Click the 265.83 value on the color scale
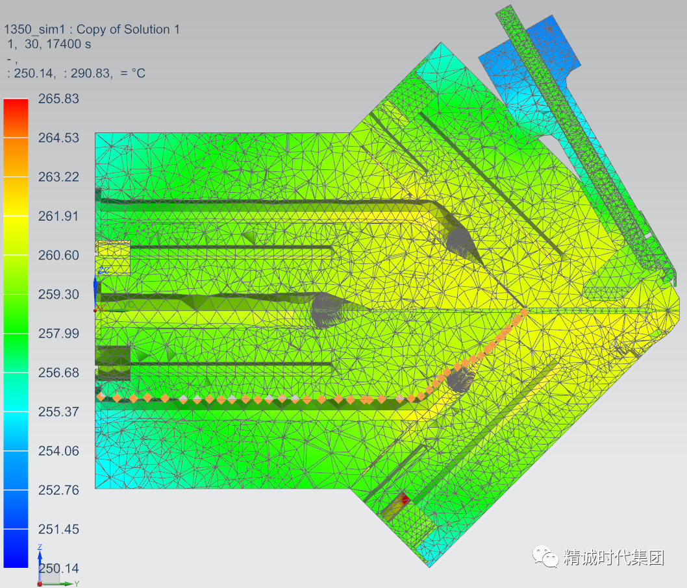pos(58,99)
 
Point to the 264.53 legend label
pos(58,138)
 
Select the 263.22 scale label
pos(58,177)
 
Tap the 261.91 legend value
pos(58,216)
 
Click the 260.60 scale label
pos(58,255)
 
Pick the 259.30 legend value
pos(58,294)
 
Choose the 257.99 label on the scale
pos(58,333)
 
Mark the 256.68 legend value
pos(58,373)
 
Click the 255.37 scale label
pos(58,411)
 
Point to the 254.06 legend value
pos(58,451)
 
